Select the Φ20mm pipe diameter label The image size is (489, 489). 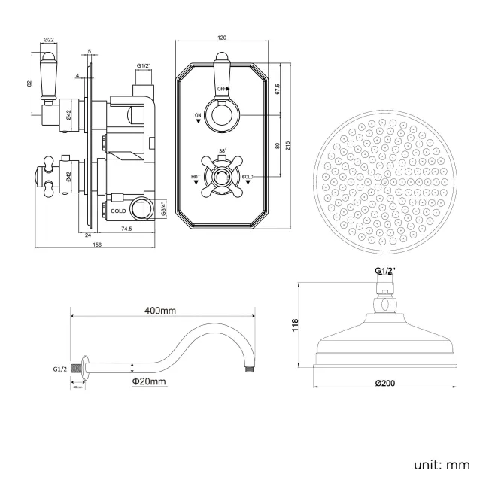tap(149, 381)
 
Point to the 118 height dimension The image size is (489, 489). tap(296, 325)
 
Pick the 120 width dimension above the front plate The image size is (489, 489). tap(222, 38)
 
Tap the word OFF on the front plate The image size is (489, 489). tap(222, 89)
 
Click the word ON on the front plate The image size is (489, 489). tap(198, 115)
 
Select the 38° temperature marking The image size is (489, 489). tap(222, 151)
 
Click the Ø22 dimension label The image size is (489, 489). tap(48, 39)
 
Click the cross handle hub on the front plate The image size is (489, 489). tap(222, 178)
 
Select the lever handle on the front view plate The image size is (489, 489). tap(222, 71)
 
